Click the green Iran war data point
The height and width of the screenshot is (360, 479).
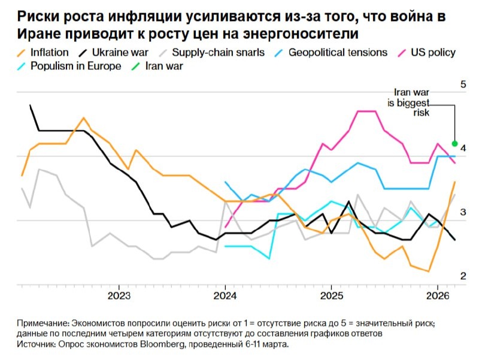[x=455, y=144]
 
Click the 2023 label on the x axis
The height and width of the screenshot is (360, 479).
[x=119, y=295]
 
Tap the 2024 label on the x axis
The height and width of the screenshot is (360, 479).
[x=225, y=295]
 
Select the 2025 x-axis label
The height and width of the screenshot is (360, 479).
[x=331, y=295]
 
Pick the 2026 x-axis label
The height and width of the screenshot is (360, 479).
[x=437, y=295]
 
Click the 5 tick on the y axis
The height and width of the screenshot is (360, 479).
[x=462, y=84]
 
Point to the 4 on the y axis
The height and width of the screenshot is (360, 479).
[x=462, y=148]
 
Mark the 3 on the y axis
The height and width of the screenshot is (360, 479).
[x=462, y=212]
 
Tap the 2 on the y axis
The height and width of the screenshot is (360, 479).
[x=462, y=276]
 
